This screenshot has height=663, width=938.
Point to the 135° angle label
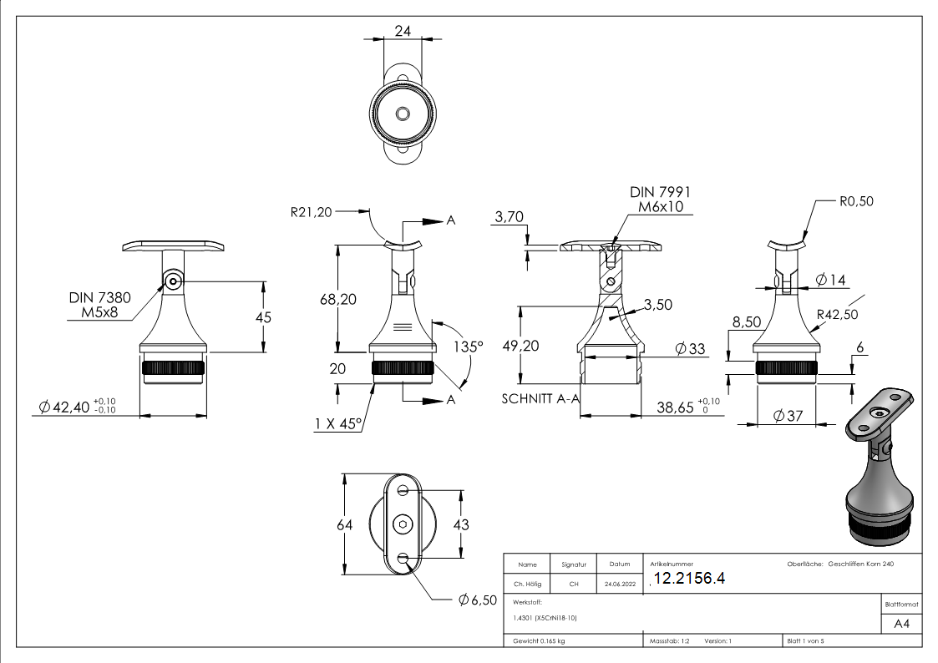[x=469, y=346]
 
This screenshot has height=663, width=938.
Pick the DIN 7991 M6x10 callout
[x=660, y=200]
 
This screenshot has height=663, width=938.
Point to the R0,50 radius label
[x=856, y=201]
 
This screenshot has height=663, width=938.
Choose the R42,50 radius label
[x=838, y=314]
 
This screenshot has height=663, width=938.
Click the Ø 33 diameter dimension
[x=690, y=348]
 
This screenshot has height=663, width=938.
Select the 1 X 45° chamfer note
[x=337, y=424]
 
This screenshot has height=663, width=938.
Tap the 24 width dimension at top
[x=403, y=31]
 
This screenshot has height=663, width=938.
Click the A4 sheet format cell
[x=901, y=624]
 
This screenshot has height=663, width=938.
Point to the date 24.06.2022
[x=619, y=585]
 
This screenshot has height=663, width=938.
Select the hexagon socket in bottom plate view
[x=403, y=524]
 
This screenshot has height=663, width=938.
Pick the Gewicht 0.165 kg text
[x=539, y=641]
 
